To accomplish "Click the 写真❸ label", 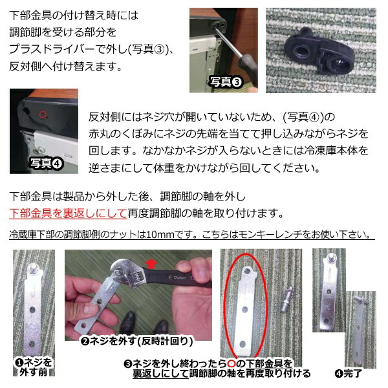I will click(226, 82).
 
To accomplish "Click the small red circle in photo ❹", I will click(43, 113).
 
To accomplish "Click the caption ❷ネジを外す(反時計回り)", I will click(136, 340).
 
